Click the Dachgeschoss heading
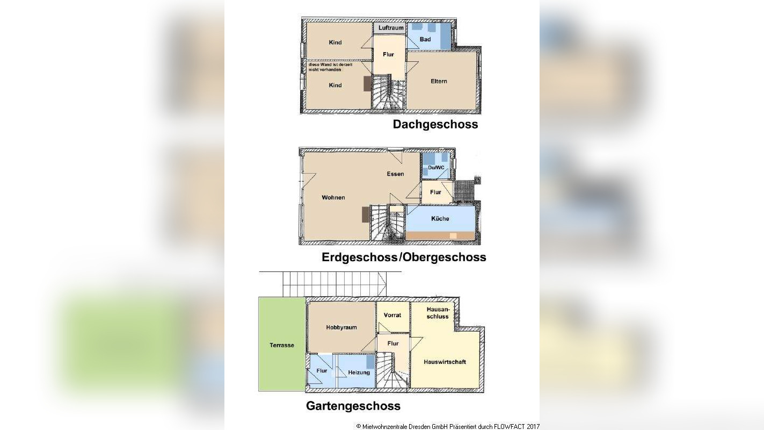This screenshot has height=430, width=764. pos(435,125)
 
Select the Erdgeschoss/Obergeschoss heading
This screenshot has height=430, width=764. pos(404,257)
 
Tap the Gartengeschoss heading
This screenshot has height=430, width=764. pos(353,406)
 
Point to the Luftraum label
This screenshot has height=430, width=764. pos(390,27)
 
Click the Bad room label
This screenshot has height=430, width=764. pos(425,40)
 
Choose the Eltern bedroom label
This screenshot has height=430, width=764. pos(439,81)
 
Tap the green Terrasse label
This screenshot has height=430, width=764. pos(281,345)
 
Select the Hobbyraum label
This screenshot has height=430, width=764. pos(341,327)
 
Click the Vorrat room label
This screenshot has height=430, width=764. pos(392,315)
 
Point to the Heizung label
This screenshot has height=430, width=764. pos(359,372)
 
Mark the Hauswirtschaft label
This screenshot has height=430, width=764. pos(445,362)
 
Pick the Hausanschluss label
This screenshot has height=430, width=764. pos(437,313)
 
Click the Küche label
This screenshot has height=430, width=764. pos(440,219)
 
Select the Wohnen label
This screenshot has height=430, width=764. pos(333,198)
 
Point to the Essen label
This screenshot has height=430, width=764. pos(395,174)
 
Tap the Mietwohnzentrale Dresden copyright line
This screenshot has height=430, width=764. pos(447,426)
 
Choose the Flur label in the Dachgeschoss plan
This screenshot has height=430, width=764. pos(388,54)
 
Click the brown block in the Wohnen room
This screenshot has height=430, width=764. pos(366,214)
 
